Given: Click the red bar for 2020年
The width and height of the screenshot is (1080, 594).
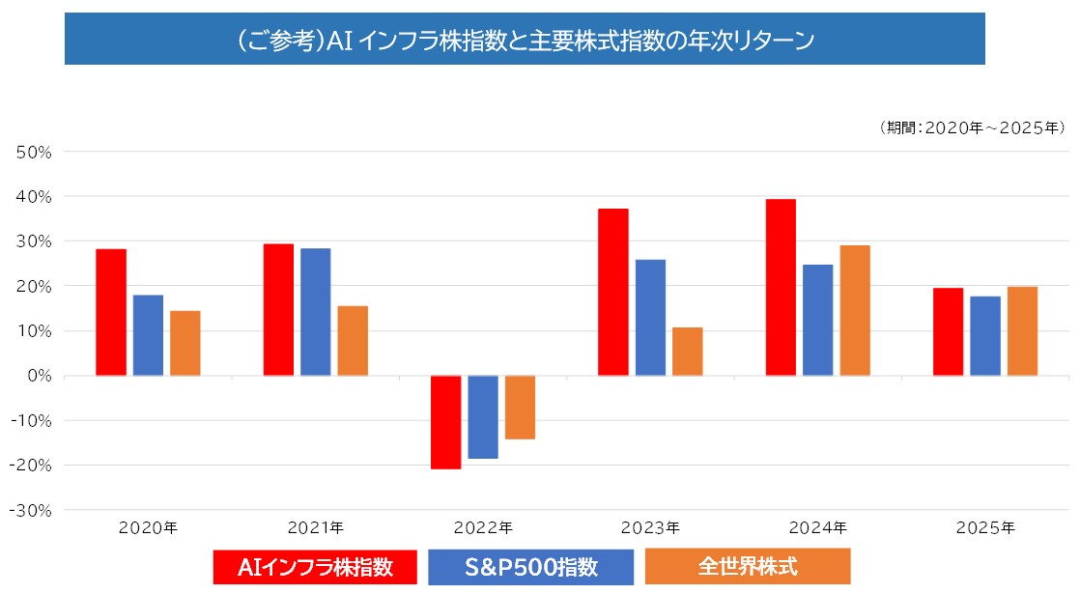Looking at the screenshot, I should click(x=111, y=312).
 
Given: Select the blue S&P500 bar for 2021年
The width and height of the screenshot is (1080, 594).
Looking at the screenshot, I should click(x=316, y=312).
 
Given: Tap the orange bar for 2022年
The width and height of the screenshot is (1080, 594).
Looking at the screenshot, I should click(x=520, y=407).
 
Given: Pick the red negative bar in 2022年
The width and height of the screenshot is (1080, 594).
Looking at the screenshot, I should click(x=446, y=422).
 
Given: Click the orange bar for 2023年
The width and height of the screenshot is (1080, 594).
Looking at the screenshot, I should click(x=688, y=351).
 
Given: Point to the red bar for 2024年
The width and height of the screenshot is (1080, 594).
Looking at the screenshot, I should click(x=781, y=287).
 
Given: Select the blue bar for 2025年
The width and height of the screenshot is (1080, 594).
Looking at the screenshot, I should click(x=985, y=335).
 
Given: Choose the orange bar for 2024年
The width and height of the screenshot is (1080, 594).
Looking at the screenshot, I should click(x=855, y=310).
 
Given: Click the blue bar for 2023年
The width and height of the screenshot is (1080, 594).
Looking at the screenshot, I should click(x=651, y=317).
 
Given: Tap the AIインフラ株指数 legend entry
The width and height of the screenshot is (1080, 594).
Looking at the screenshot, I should click(x=315, y=567).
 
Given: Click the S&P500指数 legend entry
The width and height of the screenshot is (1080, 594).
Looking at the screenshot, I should click(x=530, y=567).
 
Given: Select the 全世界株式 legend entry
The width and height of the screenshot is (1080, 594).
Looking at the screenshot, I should click(x=748, y=566).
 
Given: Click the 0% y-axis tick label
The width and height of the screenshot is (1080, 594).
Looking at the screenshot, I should click(x=42, y=376).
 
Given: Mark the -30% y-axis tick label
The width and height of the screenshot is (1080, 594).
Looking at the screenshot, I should click(x=33, y=510).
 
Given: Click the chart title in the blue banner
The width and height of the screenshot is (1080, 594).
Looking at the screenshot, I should click(x=525, y=40).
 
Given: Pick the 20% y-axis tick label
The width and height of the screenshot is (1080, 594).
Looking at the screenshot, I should click(x=37, y=286).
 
